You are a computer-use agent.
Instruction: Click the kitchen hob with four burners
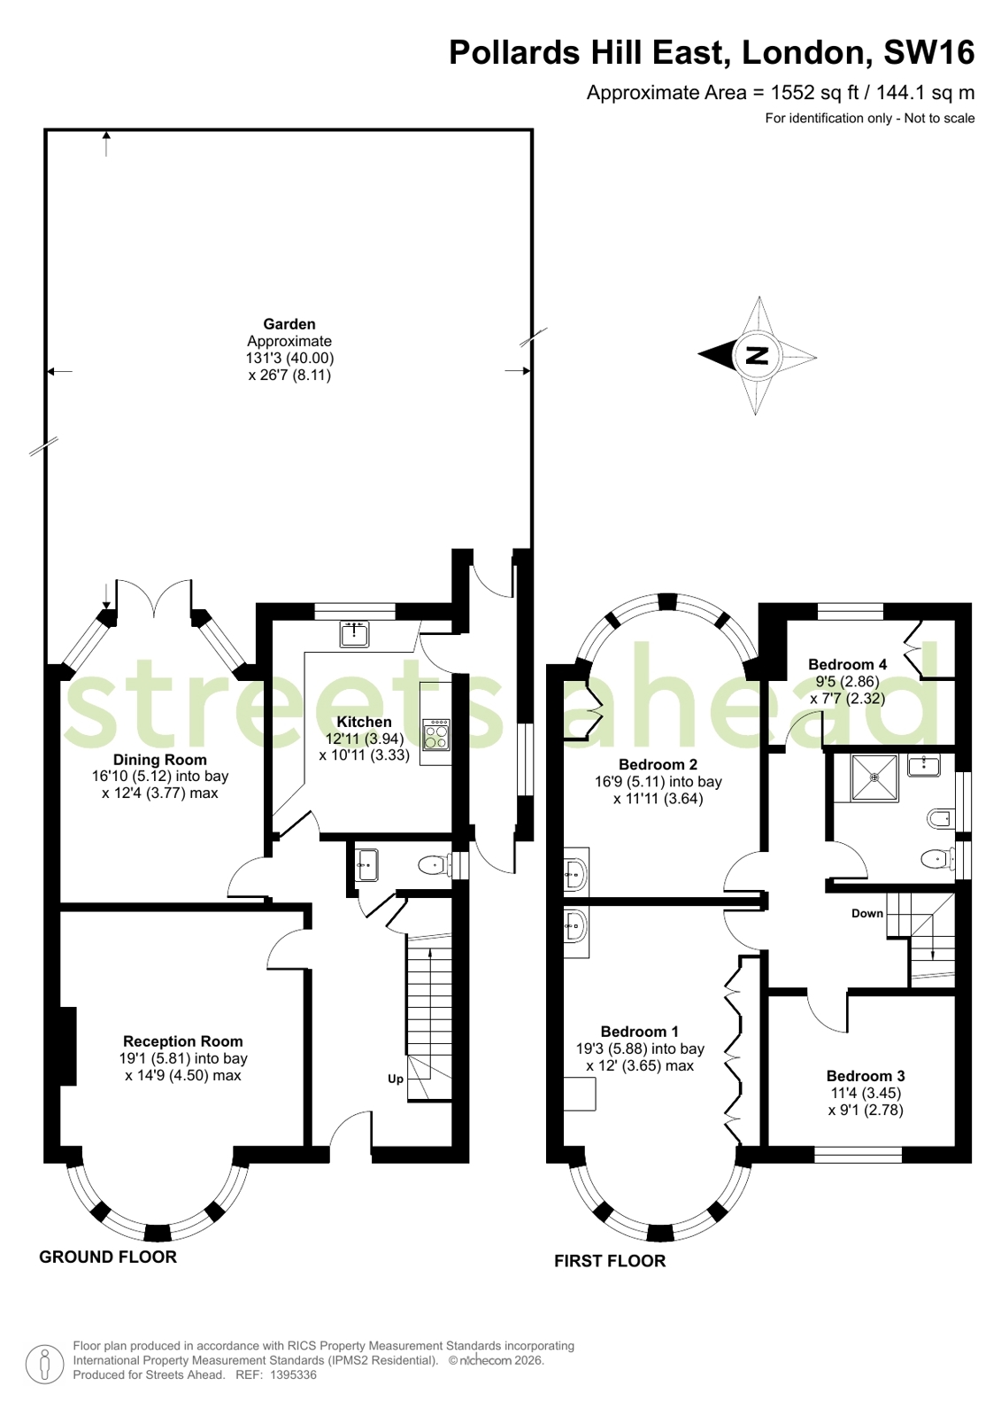(x=436, y=735)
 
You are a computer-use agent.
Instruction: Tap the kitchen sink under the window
(x=354, y=634)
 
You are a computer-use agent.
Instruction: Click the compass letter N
(x=757, y=356)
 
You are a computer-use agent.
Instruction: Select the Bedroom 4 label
(x=847, y=664)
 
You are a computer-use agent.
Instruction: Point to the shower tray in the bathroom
(x=874, y=778)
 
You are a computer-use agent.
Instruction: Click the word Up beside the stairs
(x=396, y=1079)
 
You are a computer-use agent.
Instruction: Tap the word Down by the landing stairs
(x=867, y=913)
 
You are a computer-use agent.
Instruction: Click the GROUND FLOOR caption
(x=108, y=1257)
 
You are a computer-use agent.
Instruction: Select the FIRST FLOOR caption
(x=610, y=1260)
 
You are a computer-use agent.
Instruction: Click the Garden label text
(x=289, y=324)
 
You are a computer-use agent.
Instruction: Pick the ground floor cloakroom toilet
(x=434, y=865)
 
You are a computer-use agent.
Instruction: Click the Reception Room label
(x=183, y=1041)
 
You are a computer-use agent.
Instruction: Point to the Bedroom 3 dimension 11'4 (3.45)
(x=865, y=1093)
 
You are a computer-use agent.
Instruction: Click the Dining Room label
(x=160, y=760)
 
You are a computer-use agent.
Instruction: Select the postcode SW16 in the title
(x=928, y=53)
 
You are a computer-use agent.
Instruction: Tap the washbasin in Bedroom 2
(x=574, y=873)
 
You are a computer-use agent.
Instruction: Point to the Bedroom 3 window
(x=858, y=1155)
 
